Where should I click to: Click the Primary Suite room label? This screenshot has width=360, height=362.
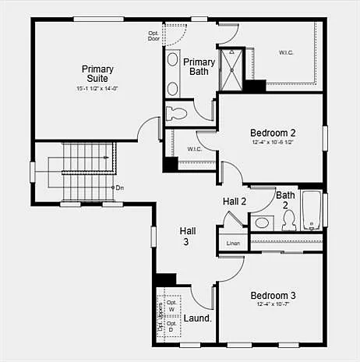97,74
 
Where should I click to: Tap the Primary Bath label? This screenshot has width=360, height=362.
199,67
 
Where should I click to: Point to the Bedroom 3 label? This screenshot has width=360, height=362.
273,296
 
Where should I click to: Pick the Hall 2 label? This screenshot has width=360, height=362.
235,202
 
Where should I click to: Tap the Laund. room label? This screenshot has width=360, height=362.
198,318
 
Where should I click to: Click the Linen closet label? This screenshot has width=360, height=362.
233,244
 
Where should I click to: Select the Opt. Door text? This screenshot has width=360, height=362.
154,35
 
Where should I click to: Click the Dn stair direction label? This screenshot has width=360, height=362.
119,187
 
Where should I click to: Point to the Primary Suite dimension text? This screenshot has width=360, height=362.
97,89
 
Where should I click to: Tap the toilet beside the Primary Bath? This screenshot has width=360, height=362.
177,112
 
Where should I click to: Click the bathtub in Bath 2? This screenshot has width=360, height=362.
312,211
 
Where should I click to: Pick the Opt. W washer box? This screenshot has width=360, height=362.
171,305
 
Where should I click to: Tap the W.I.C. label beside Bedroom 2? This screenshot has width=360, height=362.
195,149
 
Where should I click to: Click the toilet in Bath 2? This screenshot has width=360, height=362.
288,222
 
